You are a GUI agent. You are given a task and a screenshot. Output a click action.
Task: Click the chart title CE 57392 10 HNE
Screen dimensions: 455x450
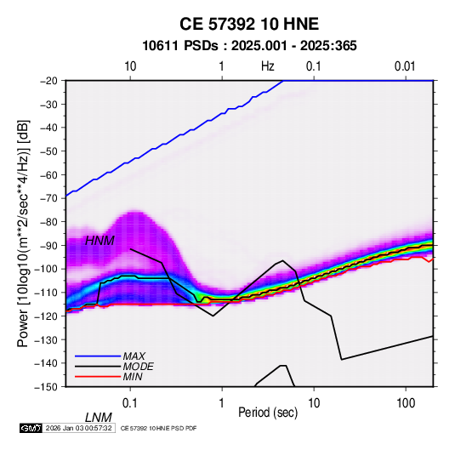249,24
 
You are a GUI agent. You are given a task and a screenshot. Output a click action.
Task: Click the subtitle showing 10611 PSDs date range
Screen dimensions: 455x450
249,46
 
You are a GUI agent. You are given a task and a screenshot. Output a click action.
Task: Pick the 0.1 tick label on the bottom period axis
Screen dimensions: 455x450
130,403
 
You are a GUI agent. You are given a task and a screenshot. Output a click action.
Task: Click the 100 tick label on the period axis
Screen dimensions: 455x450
406,403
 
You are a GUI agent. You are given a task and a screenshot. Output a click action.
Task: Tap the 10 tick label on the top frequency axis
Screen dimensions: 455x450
130,66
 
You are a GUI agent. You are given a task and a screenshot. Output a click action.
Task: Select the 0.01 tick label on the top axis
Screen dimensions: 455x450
405,66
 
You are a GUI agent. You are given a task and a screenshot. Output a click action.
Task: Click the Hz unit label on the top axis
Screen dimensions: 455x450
268,66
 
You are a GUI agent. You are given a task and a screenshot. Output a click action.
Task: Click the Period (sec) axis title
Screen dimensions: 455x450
268,413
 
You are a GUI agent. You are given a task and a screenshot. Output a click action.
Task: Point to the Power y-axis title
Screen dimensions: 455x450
23,233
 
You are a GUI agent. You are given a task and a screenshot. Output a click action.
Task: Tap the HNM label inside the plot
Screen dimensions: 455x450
100,241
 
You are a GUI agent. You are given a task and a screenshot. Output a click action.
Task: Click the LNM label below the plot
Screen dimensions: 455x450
99,418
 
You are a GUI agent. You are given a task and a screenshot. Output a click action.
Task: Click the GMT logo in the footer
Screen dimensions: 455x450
31,428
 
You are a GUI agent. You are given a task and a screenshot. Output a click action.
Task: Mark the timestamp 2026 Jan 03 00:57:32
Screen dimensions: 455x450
78,428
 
